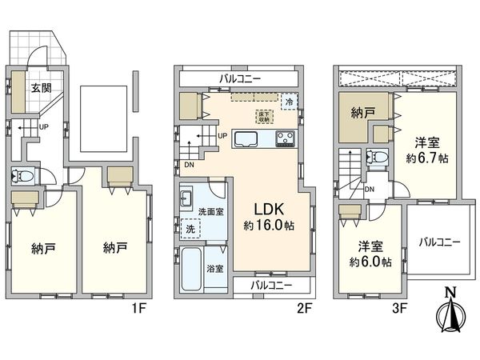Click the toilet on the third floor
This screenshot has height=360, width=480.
click(376, 157)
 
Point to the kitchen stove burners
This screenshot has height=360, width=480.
click(286, 141)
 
